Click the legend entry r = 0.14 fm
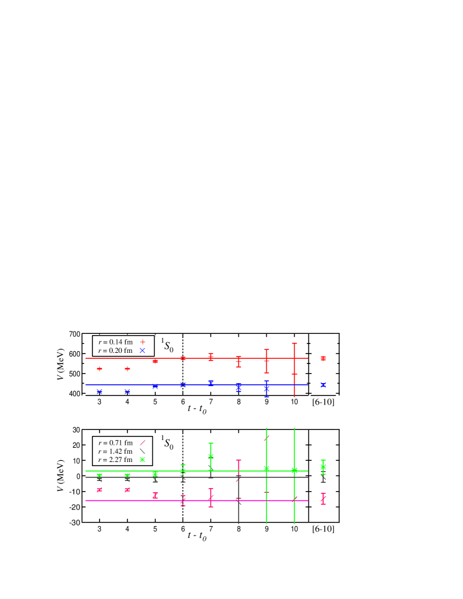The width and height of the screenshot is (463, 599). [x=116, y=342]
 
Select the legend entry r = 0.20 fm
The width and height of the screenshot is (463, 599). [x=116, y=351]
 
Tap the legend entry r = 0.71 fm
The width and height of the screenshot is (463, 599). [x=116, y=442]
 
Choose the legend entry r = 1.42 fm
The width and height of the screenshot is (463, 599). [x=116, y=451]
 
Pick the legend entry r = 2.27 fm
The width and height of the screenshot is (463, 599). [x=116, y=460]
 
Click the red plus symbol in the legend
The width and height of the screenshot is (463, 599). [x=142, y=342]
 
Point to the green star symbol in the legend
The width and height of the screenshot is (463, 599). [x=142, y=460]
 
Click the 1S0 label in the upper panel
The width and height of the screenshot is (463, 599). [x=168, y=345]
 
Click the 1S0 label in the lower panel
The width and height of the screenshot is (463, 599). [x=168, y=442]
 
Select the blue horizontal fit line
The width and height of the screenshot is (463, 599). [x=196, y=385]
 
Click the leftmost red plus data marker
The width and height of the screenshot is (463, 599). [x=100, y=369]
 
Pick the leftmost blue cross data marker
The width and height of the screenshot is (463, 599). [x=100, y=391]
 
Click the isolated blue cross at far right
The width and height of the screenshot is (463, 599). [x=323, y=385]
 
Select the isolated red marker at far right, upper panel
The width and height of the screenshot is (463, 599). [x=323, y=358]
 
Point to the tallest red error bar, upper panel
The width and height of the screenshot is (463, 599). [x=294, y=370]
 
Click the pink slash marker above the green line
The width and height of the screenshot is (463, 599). [x=267, y=438]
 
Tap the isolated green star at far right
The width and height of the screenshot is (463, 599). [x=323, y=467]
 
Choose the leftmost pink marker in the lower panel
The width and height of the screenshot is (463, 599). [x=100, y=490]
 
